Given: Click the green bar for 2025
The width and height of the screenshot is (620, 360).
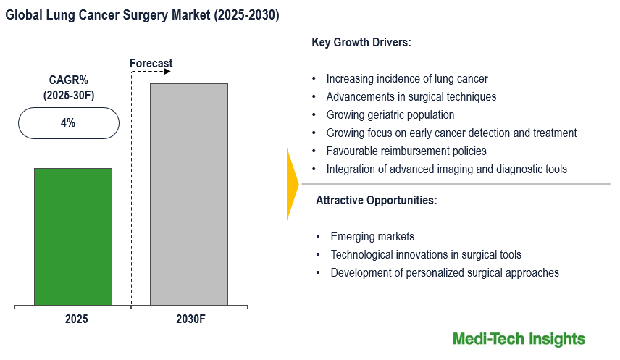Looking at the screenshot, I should pos(73,237).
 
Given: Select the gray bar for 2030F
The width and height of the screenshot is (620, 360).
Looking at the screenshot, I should pos(189,194).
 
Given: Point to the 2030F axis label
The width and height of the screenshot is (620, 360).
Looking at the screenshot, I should pos(190,319).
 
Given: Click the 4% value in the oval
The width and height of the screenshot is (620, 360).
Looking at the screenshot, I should pos(68,123).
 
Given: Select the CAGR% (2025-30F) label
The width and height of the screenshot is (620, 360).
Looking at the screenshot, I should pos(67,88).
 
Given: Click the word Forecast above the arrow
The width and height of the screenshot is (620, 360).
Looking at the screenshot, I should pos(151,64).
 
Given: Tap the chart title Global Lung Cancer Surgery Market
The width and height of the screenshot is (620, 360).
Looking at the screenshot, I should pos(143,14).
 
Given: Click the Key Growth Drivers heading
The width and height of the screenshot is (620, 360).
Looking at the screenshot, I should pos(361,43).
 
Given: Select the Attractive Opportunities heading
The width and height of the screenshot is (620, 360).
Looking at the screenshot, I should pos(376,201).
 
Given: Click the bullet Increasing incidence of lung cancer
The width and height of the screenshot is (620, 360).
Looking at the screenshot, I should pos(406,79).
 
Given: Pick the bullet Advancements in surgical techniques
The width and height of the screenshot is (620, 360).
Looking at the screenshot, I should pos(411,97).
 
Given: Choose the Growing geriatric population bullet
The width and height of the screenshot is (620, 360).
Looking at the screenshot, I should pos(390,115).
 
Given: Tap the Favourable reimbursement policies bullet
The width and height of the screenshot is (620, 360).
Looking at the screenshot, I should pos(406,151).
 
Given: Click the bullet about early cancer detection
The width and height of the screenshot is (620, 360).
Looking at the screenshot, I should pos(451,133).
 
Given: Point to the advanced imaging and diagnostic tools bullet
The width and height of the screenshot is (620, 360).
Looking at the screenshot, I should pos(446,169).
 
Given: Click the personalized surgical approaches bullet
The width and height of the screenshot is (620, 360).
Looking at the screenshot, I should pos(445,273).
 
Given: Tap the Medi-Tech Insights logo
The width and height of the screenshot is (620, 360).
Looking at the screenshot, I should pos(519,339).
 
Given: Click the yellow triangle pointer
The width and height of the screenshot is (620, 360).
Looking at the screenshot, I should pos(292,184).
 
